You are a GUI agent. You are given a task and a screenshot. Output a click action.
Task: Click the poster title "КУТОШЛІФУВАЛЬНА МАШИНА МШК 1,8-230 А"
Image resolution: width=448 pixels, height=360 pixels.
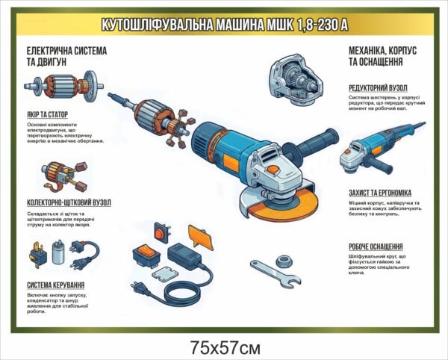coord(224,25)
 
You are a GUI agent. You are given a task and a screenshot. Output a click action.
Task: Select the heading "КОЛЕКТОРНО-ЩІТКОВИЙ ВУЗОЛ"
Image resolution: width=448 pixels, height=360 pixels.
coord(69,202)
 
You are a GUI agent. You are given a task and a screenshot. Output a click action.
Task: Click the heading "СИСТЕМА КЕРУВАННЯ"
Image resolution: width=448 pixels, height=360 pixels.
coord(55,285)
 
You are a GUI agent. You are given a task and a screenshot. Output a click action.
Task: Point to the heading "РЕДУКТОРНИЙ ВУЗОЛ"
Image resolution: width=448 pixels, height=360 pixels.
coord(379,88)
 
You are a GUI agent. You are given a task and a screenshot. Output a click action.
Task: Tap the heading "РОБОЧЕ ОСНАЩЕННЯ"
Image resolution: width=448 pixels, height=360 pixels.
coord(376,246)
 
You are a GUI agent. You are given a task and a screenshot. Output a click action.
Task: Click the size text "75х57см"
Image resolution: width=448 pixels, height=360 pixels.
coord(225,346)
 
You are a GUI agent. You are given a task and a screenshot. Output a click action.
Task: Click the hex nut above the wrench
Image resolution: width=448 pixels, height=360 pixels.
coord(284,259)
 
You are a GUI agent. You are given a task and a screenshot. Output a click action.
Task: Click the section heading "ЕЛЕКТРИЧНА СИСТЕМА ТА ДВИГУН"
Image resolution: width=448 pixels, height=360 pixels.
coord(66,57)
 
